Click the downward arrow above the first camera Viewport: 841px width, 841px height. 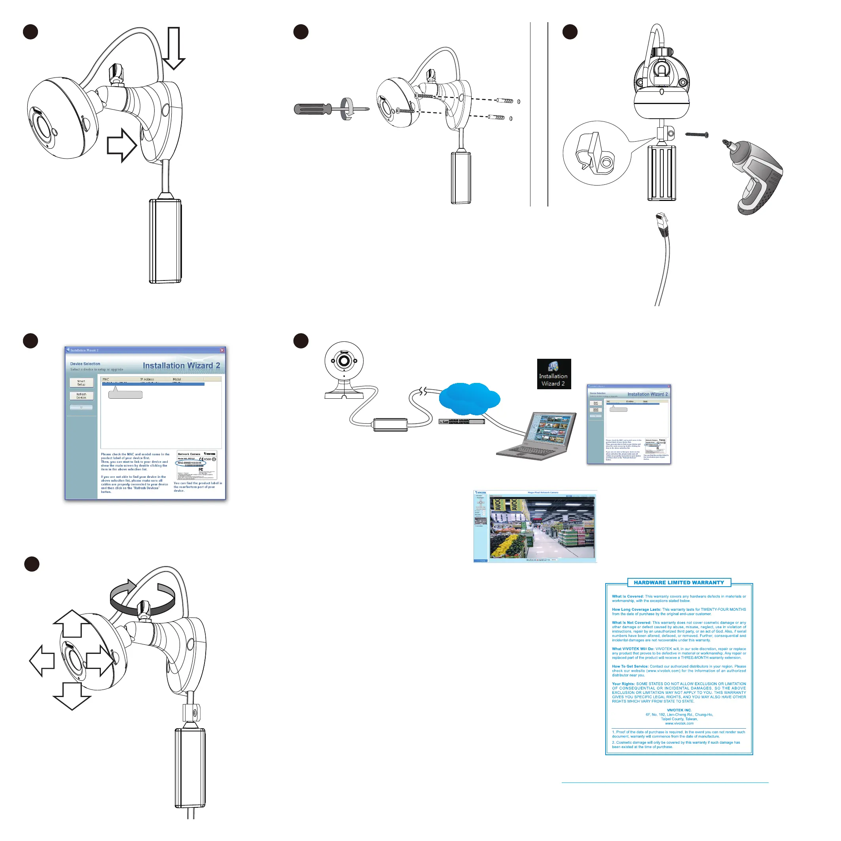point(174,48)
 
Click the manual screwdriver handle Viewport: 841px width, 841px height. point(313,109)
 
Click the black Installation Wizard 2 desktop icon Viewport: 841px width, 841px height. point(553,373)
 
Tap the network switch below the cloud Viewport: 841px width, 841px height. point(461,421)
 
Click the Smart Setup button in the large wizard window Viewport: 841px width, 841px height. point(81,383)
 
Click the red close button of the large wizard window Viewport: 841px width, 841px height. point(222,350)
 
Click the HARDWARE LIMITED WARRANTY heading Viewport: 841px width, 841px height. point(679,582)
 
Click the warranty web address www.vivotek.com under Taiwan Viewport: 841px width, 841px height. point(679,724)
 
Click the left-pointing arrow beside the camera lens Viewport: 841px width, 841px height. point(42,660)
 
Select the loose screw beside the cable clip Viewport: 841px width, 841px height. point(697,134)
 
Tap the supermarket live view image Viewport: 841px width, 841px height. point(542,528)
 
